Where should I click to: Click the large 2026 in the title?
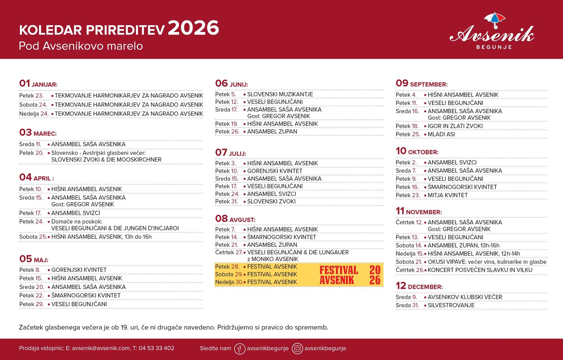tap(193, 28)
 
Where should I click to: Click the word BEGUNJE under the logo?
tap(494, 47)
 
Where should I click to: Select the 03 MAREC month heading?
tap(38, 133)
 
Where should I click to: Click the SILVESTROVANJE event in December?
tap(451, 305)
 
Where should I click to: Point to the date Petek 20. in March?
tap(31, 153)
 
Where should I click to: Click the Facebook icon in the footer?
tap(239, 349)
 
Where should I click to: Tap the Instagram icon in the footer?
tap(297, 349)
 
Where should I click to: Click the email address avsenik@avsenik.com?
tap(101, 348)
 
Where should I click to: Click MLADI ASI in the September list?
tap(441, 134)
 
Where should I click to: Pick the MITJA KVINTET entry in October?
tap(447, 195)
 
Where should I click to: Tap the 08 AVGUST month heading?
tap(235, 219)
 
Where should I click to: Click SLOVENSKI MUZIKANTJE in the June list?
tap(280, 94)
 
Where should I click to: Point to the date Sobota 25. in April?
tap(33, 237)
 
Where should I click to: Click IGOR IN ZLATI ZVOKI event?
tap(455, 126)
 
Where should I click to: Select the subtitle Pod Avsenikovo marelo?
tap(81, 46)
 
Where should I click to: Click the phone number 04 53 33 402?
tap(156, 348)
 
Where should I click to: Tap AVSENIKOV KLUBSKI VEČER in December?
tap(465, 297)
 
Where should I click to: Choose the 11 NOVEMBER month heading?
tap(418, 211)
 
